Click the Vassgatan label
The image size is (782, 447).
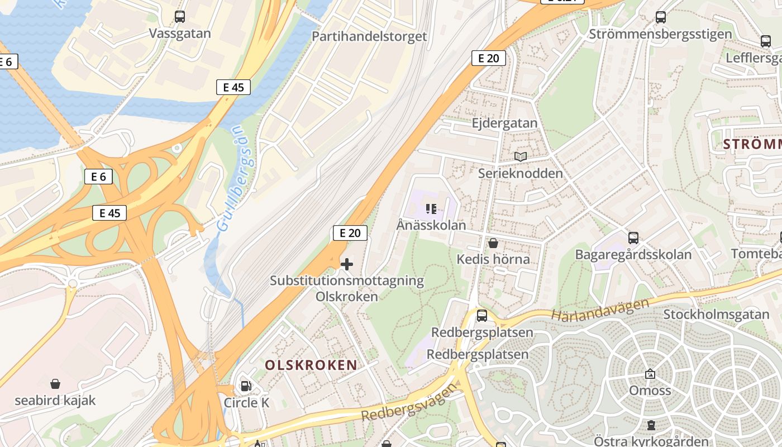coord(180,34)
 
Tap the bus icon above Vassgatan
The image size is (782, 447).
coord(180,17)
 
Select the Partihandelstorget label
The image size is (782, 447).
coord(369,36)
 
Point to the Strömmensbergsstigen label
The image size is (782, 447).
coord(660,34)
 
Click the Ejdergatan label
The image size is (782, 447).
coord(504,123)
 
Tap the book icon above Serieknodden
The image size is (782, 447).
coord(521,157)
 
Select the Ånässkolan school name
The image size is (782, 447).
coord(431,225)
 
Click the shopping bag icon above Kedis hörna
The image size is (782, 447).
coord(493,243)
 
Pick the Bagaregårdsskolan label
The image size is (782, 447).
coord(633,255)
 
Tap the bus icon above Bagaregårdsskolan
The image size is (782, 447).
coord(633,238)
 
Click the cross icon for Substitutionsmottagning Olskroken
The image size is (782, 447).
coord(347,264)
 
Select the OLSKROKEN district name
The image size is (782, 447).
coord(311,365)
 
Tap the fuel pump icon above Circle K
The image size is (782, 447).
coord(246,386)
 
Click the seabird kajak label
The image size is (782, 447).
coord(55,401)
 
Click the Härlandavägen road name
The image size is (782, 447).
coord(600,309)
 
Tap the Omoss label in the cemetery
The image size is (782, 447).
coord(650,390)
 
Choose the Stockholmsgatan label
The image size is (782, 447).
coord(716,314)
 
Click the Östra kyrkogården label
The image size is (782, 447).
coord(651,441)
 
